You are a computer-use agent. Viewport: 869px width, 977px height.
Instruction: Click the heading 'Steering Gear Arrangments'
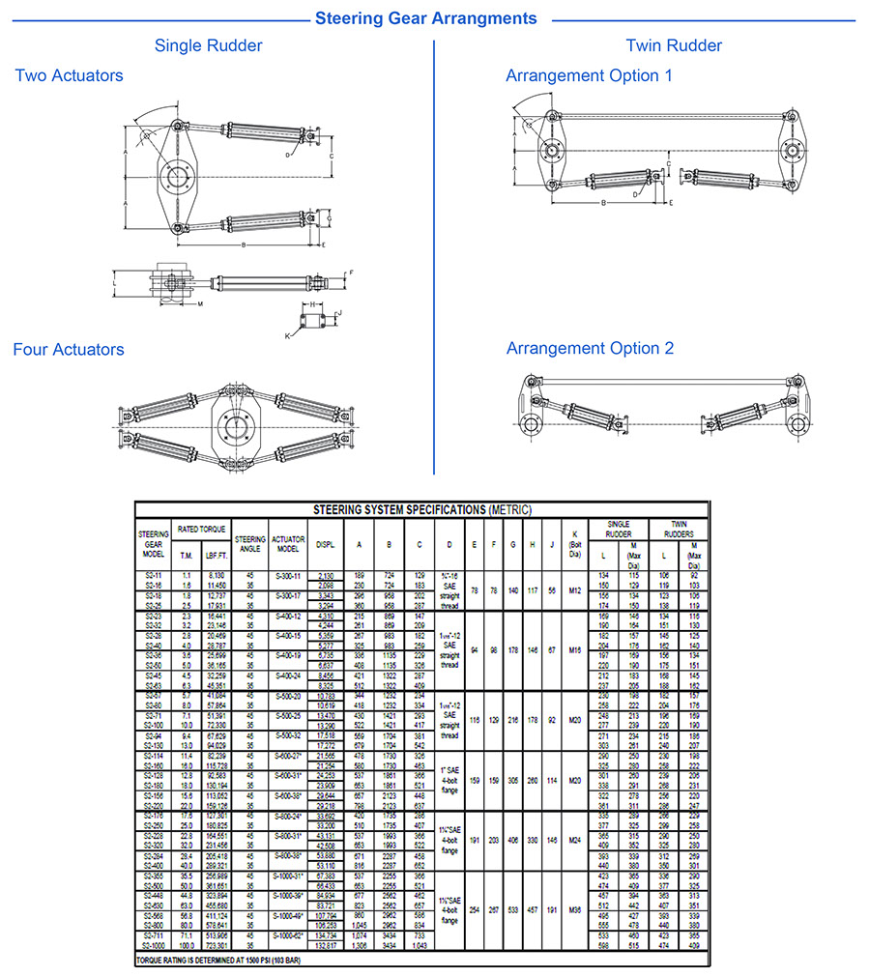pyautogui.click(x=426, y=18)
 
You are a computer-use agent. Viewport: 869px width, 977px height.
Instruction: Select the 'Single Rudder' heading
pyautogui.click(x=208, y=45)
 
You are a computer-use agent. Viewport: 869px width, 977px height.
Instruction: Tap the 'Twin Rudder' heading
pyautogui.click(x=673, y=45)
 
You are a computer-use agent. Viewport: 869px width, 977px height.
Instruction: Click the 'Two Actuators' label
pyautogui.click(x=69, y=75)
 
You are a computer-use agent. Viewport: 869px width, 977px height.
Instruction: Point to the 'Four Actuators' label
pyautogui.click(x=69, y=350)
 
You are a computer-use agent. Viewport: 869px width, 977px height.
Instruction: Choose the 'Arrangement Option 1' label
pyautogui.click(x=589, y=75)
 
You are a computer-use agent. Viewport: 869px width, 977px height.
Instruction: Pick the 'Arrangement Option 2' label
pyautogui.click(x=590, y=349)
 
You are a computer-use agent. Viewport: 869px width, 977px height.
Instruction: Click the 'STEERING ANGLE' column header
pyautogui.click(x=250, y=544)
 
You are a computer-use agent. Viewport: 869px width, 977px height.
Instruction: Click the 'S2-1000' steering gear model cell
pyautogui.click(x=154, y=945)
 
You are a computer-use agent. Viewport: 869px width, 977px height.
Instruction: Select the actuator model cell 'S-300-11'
pyautogui.click(x=288, y=575)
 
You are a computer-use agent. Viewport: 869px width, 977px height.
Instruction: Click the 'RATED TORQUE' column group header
pyautogui.click(x=202, y=529)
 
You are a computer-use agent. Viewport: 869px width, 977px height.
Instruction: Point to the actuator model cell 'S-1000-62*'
pyautogui.click(x=288, y=937)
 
